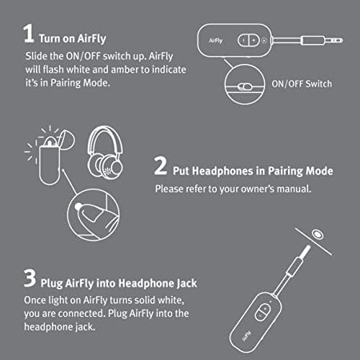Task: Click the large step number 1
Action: point(29,33)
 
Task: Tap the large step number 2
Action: point(161,166)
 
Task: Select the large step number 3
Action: point(30,278)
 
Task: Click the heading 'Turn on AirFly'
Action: point(73,39)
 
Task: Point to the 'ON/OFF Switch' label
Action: point(302,84)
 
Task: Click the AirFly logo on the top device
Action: point(215,40)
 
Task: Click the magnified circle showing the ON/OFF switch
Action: point(245,84)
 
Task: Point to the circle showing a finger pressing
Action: point(93,215)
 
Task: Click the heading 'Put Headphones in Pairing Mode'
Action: point(253,171)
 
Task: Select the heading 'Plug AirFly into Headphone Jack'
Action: point(119,283)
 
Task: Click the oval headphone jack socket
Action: point(318,234)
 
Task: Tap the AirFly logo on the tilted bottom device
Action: point(246,336)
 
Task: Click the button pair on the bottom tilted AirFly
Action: point(262,311)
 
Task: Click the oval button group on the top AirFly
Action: point(248,40)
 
